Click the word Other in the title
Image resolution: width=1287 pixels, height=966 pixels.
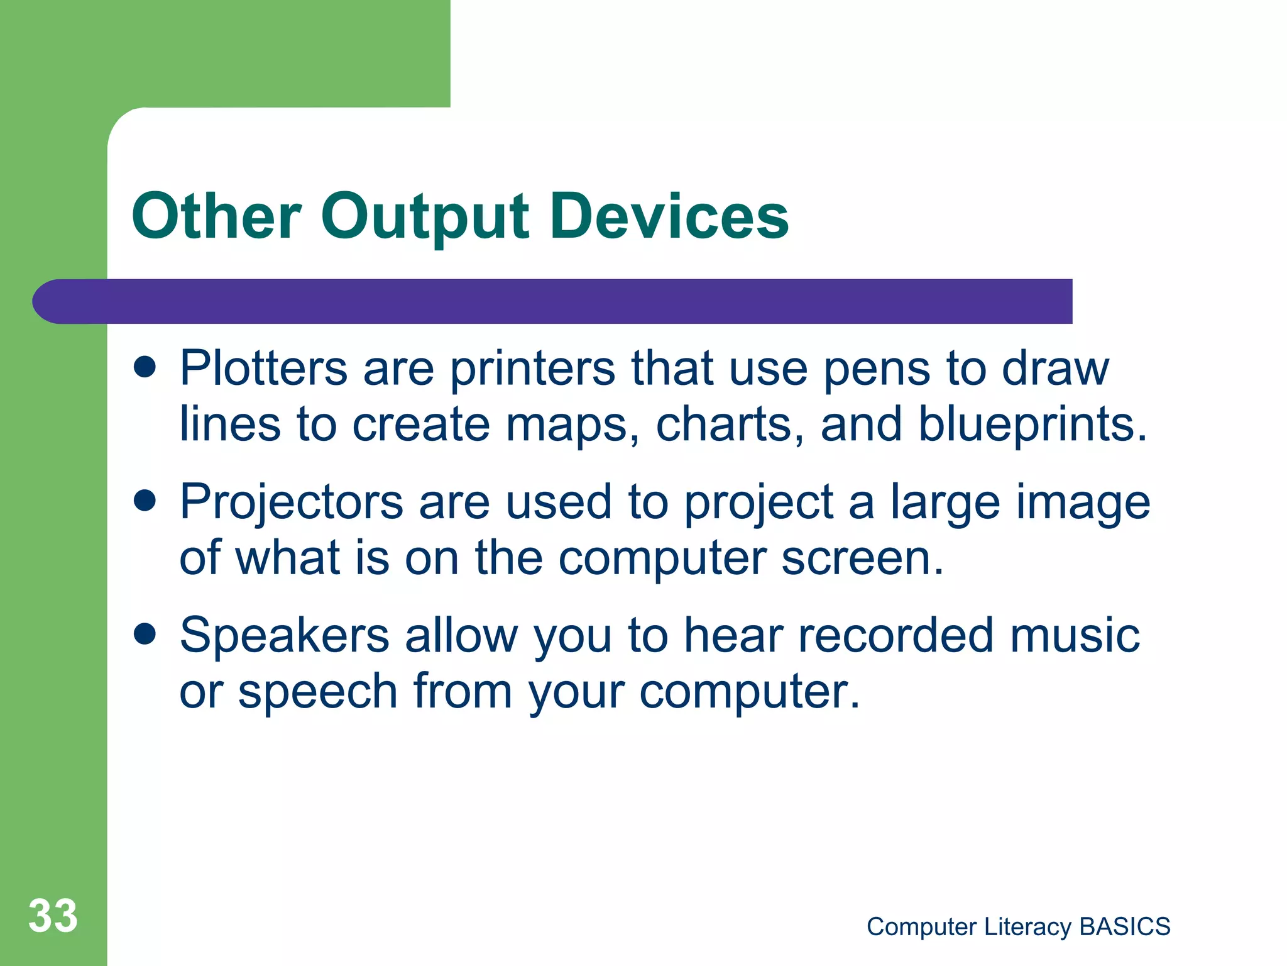pyautogui.click(x=216, y=216)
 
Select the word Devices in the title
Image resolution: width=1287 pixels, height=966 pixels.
pyautogui.click(x=669, y=216)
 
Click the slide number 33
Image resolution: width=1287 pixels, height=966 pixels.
pyautogui.click(x=53, y=916)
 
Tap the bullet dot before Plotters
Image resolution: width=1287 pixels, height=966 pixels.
pyautogui.click(x=145, y=367)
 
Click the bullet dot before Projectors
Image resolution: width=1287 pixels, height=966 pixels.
pyautogui.click(x=145, y=501)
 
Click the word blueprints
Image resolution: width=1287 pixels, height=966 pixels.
pyautogui.click(x=1032, y=425)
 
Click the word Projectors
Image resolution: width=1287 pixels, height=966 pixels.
pyautogui.click(x=291, y=503)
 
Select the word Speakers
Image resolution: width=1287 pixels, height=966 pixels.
pyautogui.click(x=284, y=636)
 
